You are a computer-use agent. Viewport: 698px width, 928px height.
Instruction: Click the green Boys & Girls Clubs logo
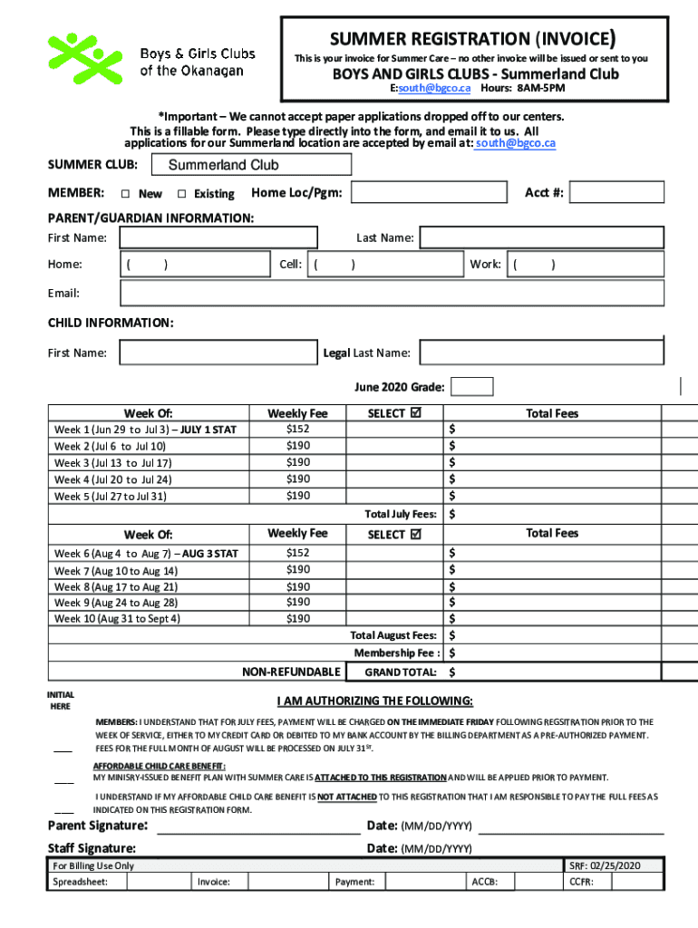click(83, 59)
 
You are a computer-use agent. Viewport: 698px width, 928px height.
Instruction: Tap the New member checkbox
click(125, 194)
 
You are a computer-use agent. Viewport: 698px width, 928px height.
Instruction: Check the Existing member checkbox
click(181, 194)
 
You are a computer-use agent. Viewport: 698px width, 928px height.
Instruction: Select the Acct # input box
click(616, 193)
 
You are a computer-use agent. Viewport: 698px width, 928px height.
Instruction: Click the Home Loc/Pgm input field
click(429, 193)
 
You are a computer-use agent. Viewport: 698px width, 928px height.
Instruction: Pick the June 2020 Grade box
click(472, 387)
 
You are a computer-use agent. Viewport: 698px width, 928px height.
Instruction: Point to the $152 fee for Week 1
click(298, 429)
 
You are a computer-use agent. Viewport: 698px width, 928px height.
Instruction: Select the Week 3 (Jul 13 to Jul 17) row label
click(112, 463)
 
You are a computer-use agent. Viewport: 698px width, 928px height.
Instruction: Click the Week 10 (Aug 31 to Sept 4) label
click(117, 619)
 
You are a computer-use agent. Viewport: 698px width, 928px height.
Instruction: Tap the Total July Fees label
click(400, 514)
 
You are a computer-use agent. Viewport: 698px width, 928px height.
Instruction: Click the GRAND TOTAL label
click(400, 672)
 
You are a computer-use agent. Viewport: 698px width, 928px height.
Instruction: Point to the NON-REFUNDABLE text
click(291, 672)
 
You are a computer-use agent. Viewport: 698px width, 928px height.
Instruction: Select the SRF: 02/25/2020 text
click(605, 866)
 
